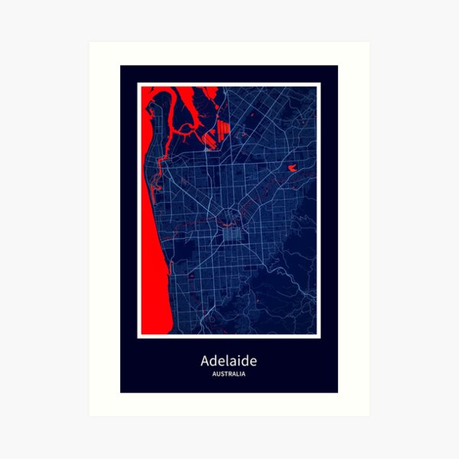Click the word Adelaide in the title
tap(229, 360)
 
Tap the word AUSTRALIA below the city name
tap(229, 374)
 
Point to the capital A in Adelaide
tap(206, 360)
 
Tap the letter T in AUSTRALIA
tap(226, 374)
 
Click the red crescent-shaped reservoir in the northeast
tap(293, 166)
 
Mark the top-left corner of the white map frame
tap(138, 83)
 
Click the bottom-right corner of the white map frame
tap(319, 337)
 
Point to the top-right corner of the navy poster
tap(337, 66)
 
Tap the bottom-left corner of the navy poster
tap(121, 392)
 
